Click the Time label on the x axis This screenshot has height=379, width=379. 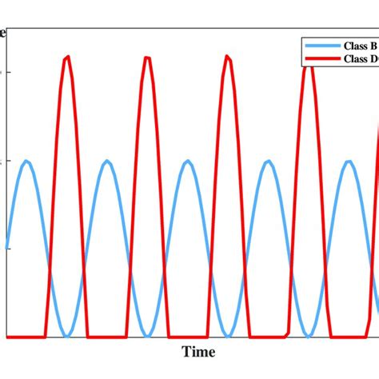pyautogui.click(x=198, y=351)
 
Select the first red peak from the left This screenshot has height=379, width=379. pyautogui.click(x=67, y=57)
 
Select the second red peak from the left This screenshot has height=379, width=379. pyautogui.click(x=147, y=57)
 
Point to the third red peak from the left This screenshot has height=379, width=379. pyautogui.click(x=228, y=57)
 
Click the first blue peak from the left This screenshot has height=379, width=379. pyautogui.click(x=27, y=162)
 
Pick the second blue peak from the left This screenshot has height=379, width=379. pyautogui.click(x=107, y=162)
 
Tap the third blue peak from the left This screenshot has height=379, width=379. pyautogui.click(x=188, y=162)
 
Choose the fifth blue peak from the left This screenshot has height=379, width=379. pyautogui.click(x=349, y=162)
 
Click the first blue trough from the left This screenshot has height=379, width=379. pyautogui.click(x=67, y=335)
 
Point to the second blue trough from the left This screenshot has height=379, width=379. pyautogui.click(x=147, y=335)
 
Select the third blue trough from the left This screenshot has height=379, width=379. pyautogui.click(x=228, y=335)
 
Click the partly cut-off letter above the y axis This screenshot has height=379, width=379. pyautogui.click(x=3, y=33)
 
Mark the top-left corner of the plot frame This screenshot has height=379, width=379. pyautogui.click(x=6, y=29)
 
